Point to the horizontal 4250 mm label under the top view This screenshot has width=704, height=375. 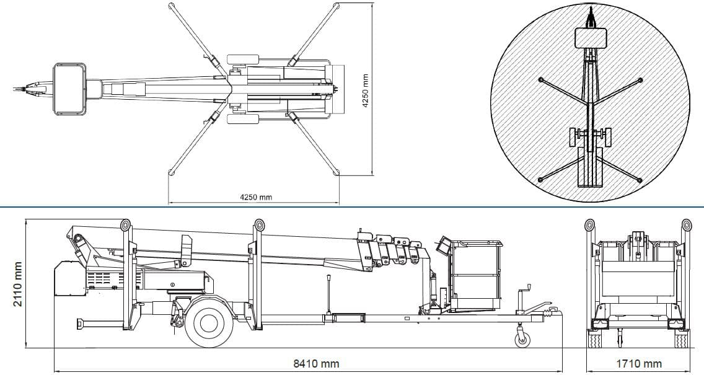tap(256, 197)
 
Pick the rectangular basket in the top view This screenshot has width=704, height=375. tap(69, 89)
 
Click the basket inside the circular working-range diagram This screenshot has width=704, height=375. tap(589, 38)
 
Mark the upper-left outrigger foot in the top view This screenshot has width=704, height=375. tap(170, 6)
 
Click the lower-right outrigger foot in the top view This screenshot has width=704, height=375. tap(337, 174)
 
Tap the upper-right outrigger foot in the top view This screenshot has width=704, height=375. tap(337, 6)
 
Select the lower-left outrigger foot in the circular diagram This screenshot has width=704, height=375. tap(540, 179)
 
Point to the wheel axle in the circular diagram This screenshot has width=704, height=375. tap(590, 135)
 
